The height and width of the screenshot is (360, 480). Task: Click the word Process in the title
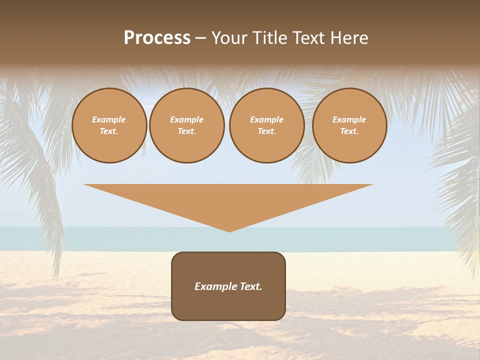point(157,38)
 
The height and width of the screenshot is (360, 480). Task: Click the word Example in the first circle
point(109,119)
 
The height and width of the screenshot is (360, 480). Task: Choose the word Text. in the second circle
point(187,131)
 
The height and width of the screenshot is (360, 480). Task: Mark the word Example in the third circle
point(267,119)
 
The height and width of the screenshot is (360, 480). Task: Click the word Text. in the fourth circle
point(349,131)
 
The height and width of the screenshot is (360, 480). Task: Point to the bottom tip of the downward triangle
point(229,230)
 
